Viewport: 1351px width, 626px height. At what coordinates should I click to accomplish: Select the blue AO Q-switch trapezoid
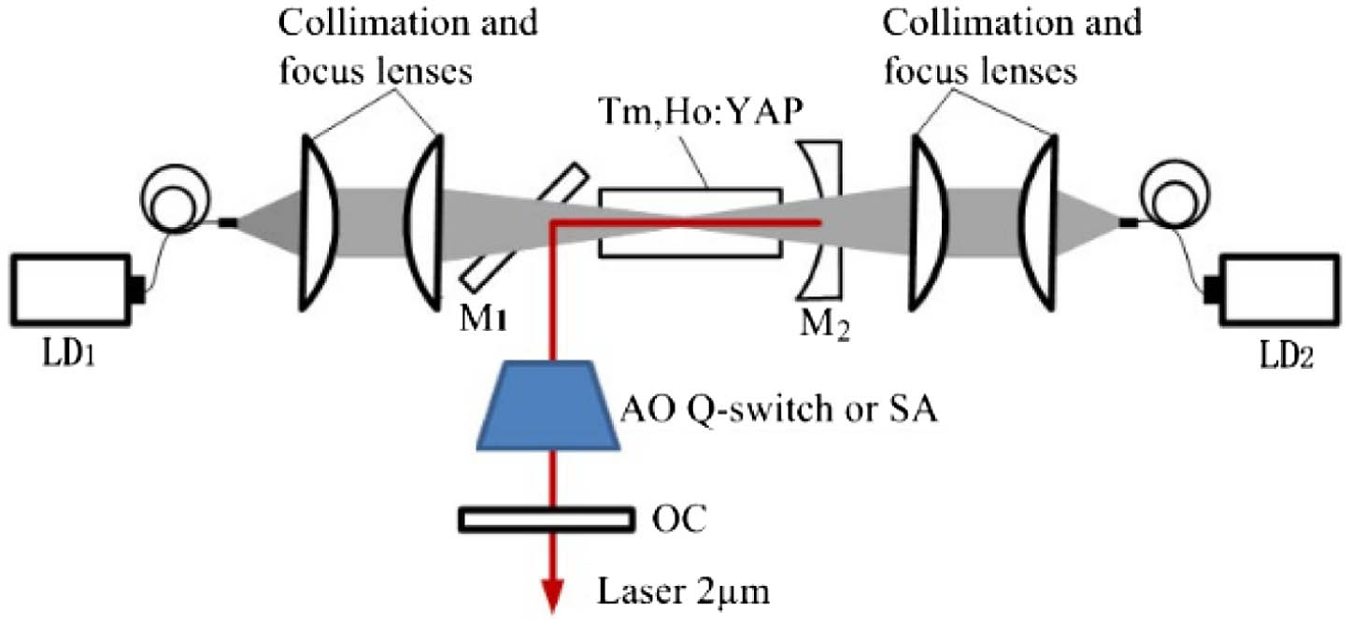[555, 404]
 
